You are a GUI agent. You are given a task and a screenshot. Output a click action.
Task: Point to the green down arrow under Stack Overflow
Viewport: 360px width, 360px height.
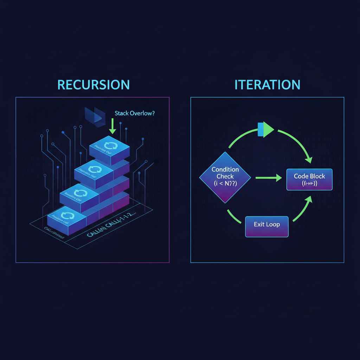[x=112, y=126]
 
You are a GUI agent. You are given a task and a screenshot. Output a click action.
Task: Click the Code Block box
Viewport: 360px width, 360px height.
[x=309, y=180]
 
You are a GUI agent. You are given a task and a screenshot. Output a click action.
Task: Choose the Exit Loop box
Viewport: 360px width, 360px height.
[x=266, y=224]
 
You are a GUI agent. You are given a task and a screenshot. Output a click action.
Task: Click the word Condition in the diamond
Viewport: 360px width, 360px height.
[x=225, y=169]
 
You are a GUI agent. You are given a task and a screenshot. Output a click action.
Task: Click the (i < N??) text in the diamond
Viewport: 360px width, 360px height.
[x=225, y=183]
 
